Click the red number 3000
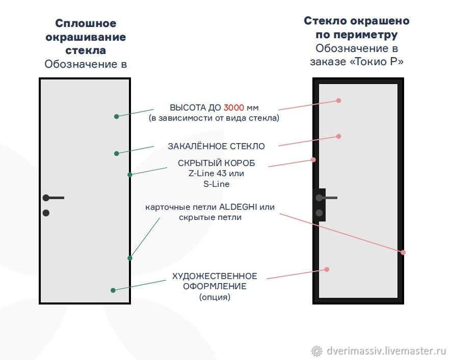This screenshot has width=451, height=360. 233,107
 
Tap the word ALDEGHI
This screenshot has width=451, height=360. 238,207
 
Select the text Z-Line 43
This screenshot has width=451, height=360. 207,173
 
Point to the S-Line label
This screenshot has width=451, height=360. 216,184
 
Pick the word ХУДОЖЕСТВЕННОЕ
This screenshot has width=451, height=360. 215,276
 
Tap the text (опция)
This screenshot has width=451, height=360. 215,297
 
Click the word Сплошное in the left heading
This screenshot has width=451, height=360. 86,23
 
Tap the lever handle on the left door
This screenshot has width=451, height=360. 54,198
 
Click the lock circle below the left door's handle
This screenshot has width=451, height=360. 46,213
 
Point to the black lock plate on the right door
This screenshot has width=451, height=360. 319,205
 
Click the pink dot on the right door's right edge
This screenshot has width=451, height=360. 403,252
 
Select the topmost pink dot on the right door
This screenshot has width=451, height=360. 339,100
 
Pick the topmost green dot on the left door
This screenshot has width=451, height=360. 117,117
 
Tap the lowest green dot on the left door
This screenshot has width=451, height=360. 113,290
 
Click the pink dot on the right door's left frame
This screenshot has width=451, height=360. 313,160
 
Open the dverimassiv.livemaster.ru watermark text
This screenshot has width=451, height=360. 386,350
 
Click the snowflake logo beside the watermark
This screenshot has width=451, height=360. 316,351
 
